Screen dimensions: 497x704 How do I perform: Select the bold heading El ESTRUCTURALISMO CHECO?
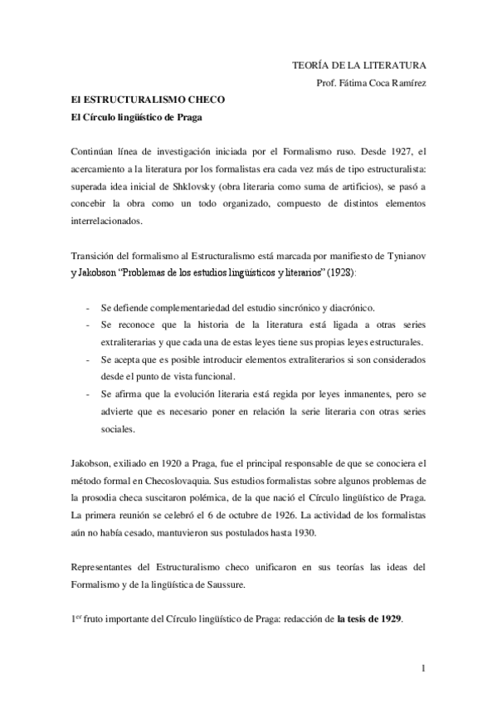click(x=141, y=100)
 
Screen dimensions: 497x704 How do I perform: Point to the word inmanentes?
click(x=341, y=396)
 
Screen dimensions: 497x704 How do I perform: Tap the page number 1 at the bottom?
click(x=422, y=668)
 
